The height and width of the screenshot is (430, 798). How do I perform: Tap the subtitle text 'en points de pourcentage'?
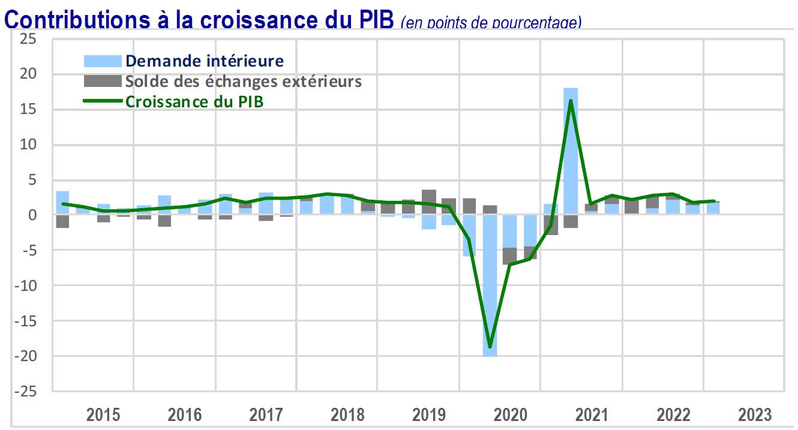click(491, 23)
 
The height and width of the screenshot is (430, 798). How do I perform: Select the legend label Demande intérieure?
click(204, 61)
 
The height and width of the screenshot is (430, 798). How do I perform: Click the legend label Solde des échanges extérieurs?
click(243, 81)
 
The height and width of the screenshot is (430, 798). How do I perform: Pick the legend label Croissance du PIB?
click(194, 101)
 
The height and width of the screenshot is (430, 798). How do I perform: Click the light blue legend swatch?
click(102, 61)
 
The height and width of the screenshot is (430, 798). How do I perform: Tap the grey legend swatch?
click(102, 81)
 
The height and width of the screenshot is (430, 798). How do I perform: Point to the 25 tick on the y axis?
click(28, 39)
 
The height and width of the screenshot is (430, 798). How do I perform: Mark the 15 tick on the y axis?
click(28, 110)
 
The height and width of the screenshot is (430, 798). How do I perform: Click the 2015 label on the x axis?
click(103, 414)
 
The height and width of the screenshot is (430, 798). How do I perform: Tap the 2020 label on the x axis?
click(510, 414)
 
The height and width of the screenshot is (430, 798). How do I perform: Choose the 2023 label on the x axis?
click(754, 414)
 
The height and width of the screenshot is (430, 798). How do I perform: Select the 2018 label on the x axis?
click(347, 414)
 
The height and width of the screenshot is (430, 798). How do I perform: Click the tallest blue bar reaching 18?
click(571, 150)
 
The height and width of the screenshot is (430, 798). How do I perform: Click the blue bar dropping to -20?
click(490, 288)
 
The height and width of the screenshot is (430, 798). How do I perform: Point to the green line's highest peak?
click(571, 100)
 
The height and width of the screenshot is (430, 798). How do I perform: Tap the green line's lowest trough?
click(490, 347)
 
